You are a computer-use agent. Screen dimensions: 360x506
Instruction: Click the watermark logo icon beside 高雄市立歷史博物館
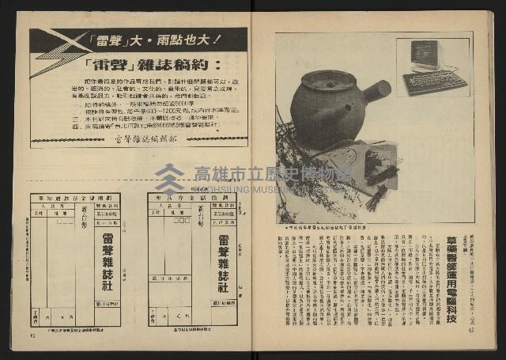tap(169, 179)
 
